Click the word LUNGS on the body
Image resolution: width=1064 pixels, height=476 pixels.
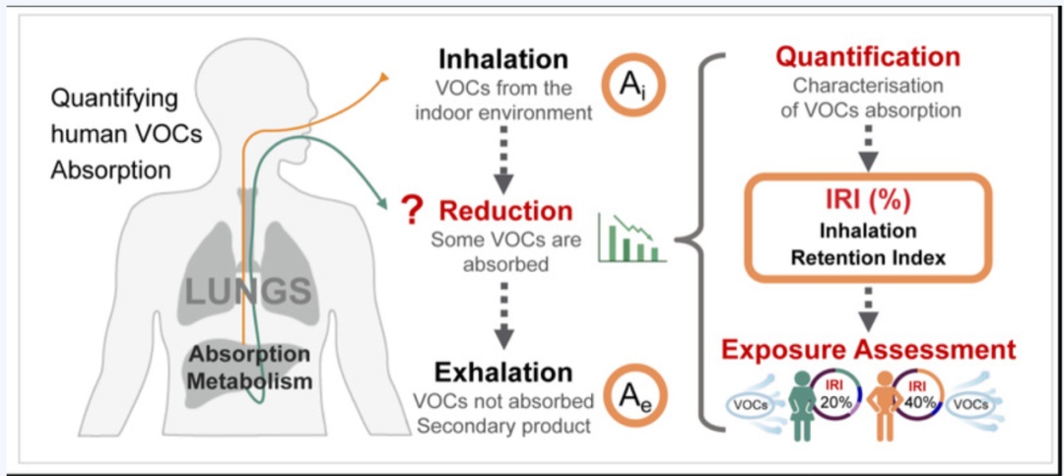click(x=248, y=290)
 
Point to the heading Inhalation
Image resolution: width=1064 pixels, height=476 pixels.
click(x=502, y=59)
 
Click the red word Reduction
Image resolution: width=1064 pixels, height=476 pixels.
click(x=504, y=212)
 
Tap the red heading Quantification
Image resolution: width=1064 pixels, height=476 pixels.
click(x=868, y=57)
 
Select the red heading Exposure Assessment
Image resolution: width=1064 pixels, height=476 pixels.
click(x=868, y=350)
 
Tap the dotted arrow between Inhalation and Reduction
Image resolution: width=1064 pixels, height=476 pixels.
click(x=502, y=160)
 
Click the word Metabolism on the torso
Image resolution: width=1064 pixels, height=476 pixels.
click(x=249, y=381)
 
